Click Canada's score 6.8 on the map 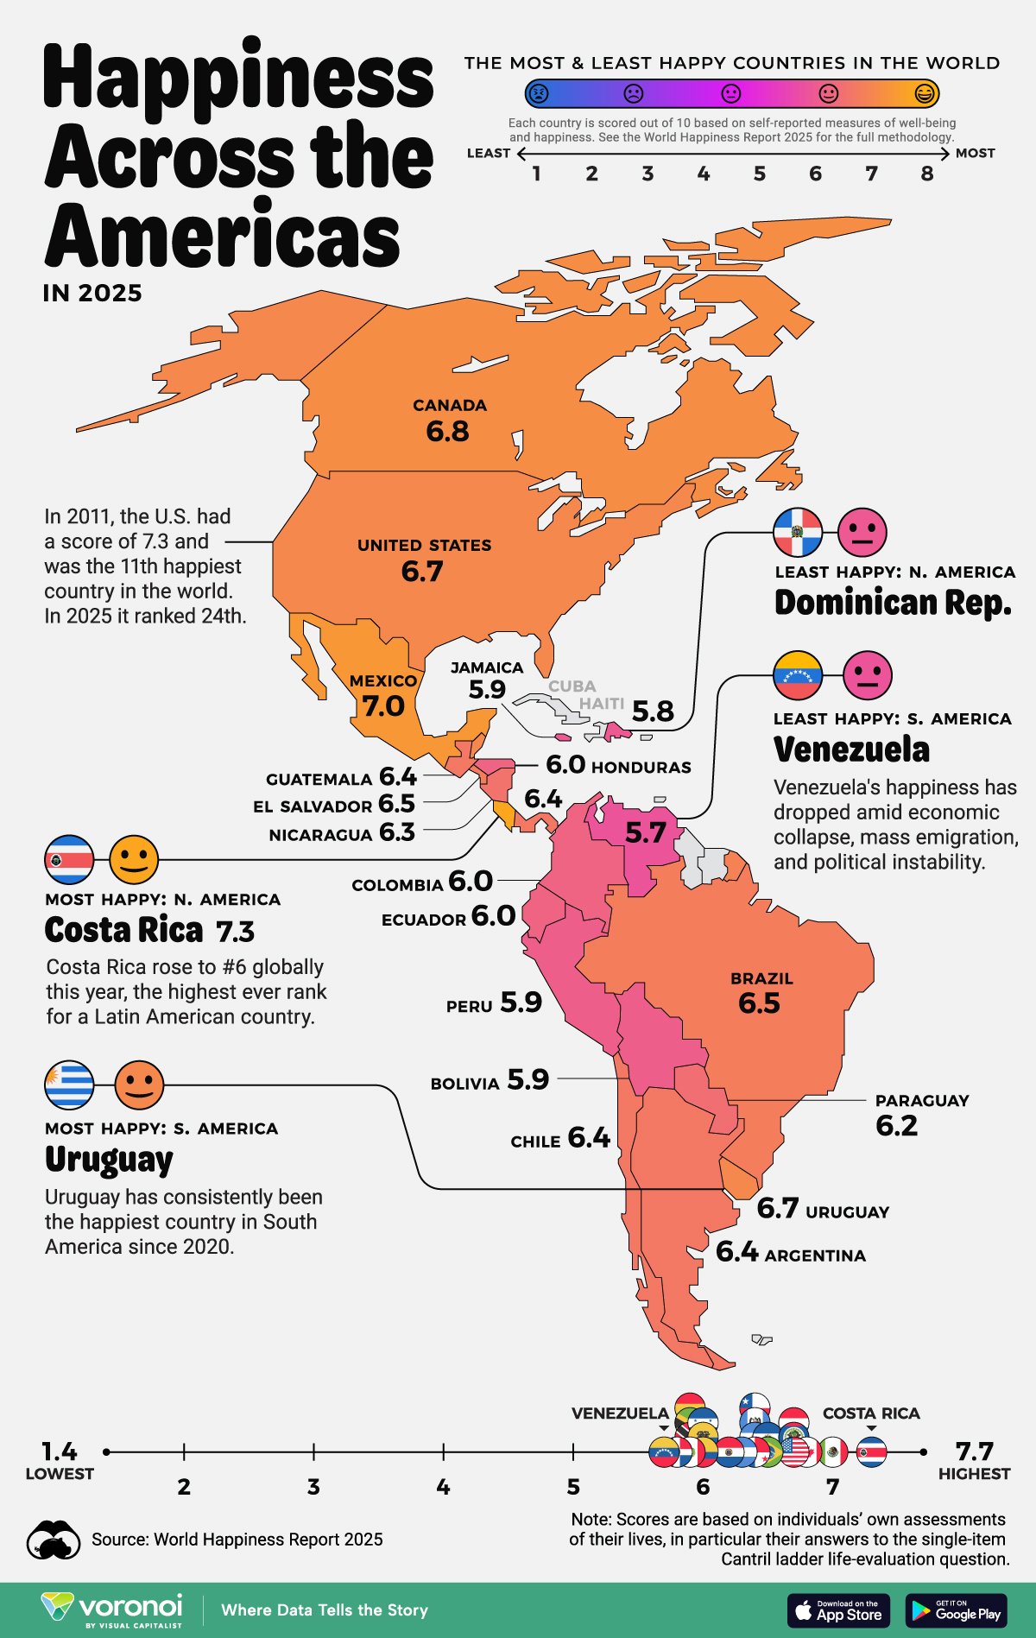point(447,431)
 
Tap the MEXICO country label point(383,681)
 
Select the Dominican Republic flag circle point(798,533)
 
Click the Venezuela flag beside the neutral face point(798,675)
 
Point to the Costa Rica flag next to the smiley point(69,860)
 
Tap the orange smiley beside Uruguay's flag point(139,1085)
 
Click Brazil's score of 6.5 point(759,1003)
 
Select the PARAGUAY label point(921,1101)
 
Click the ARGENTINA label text point(815,1256)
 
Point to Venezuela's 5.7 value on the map point(646,833)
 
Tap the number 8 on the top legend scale point(927,174)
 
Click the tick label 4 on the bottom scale point(443,1487)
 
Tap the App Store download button point(838,1610)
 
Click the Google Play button point(956,1610)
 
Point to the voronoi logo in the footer point(112,1610)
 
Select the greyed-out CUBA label point(572,686)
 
